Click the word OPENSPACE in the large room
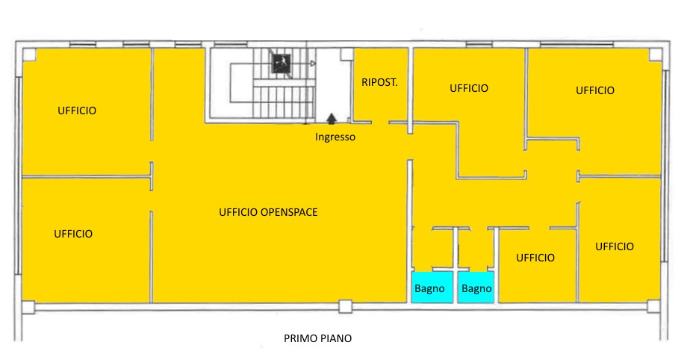click(289, 212)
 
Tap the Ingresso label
click(335, 137)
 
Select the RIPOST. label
click(379, 82)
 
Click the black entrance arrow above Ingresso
click(332, 119)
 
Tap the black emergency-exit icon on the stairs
click(282, 63)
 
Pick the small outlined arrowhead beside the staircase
click(312, 63)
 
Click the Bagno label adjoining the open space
click(429, 289)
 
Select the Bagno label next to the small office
click(476, 289)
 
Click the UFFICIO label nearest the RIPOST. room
click(469, 88)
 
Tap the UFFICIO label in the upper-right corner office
click(595, 90)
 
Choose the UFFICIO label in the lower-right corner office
click(615, 246)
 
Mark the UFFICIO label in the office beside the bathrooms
click(535, 258)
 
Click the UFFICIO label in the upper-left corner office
click(77, 111)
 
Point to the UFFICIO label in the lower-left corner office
click(73, 234)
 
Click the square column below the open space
click(345, 306)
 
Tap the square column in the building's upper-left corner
click(29, 55)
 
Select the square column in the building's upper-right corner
click(655, 55)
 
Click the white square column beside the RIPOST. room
click(346, 54)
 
